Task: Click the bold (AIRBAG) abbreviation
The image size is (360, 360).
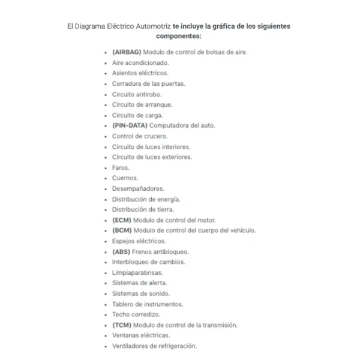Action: (x=127, y=52)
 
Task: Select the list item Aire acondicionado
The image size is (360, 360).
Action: (x=140, y=62)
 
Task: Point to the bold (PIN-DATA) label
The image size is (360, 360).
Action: (x=130, y=125)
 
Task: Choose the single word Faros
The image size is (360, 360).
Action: (x=121, y=167)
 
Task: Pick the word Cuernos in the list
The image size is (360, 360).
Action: (x=125, y=178)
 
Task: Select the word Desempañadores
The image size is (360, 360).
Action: (x=138, y=188)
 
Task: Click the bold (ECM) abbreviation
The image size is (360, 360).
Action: (x=122, y=220)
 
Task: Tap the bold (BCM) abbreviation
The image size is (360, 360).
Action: (x=122, y=230)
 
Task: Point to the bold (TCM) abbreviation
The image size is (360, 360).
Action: (x=122, y=325)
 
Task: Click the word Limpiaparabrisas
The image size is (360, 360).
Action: (x=137, y=272)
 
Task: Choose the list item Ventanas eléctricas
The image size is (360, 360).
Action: (x=141, y=335)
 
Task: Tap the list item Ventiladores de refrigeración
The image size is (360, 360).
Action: (x=154, y=346)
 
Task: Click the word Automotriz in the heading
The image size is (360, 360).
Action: (x=148, y=26)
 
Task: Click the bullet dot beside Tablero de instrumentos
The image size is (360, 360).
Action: (x=106, y=304)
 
